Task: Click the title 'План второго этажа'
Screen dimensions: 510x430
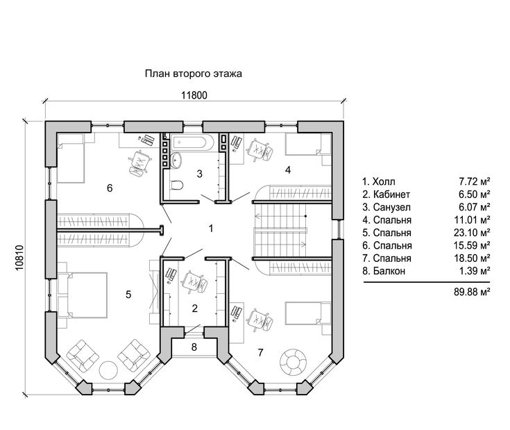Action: pyautogui.click(x=193, y=74)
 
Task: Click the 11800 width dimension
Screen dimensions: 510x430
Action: pyautogui.click(x=194, y=95)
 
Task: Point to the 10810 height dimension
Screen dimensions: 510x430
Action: pyautogui.click(x=19, y=258)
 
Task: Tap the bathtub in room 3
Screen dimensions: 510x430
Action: pyautogui.click(x=192, y=142)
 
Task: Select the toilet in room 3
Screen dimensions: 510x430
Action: pyautogui.click(x=177, y=185)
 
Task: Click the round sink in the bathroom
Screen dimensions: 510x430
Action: pyautogui.click(x=177, y=160)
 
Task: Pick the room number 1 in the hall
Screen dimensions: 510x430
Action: pyautogui.click(x=211, y=229)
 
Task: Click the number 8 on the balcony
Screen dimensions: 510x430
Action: pyautogui.click(x=194, y=347)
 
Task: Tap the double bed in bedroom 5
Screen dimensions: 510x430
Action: pyautogui.click(x=87, y=295)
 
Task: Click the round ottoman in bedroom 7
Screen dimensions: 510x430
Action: pyautogui.click(x=293, y=363)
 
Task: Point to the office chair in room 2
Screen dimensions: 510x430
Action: pyautogui.click(x=194, y=282)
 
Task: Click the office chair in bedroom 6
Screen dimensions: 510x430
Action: pyautogui.click(x=140, y=163)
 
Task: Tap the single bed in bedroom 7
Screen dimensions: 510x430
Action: pyautogui.click(x=308, y=313)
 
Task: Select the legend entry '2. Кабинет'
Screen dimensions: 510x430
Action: pyautogui.click(x=386, y=195)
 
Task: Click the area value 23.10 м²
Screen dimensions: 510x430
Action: pyautogui.click(x=472, y=233)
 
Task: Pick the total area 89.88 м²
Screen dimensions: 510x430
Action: pyautogui.click(x=472, y=292)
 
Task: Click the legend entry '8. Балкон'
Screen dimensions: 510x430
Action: pyautogui.click(x=384, y=271)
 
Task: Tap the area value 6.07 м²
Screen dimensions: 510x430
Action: pyautogui.click(x=474, y=207)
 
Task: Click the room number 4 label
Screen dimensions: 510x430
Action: pyautogui.click(x=288, y=170)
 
